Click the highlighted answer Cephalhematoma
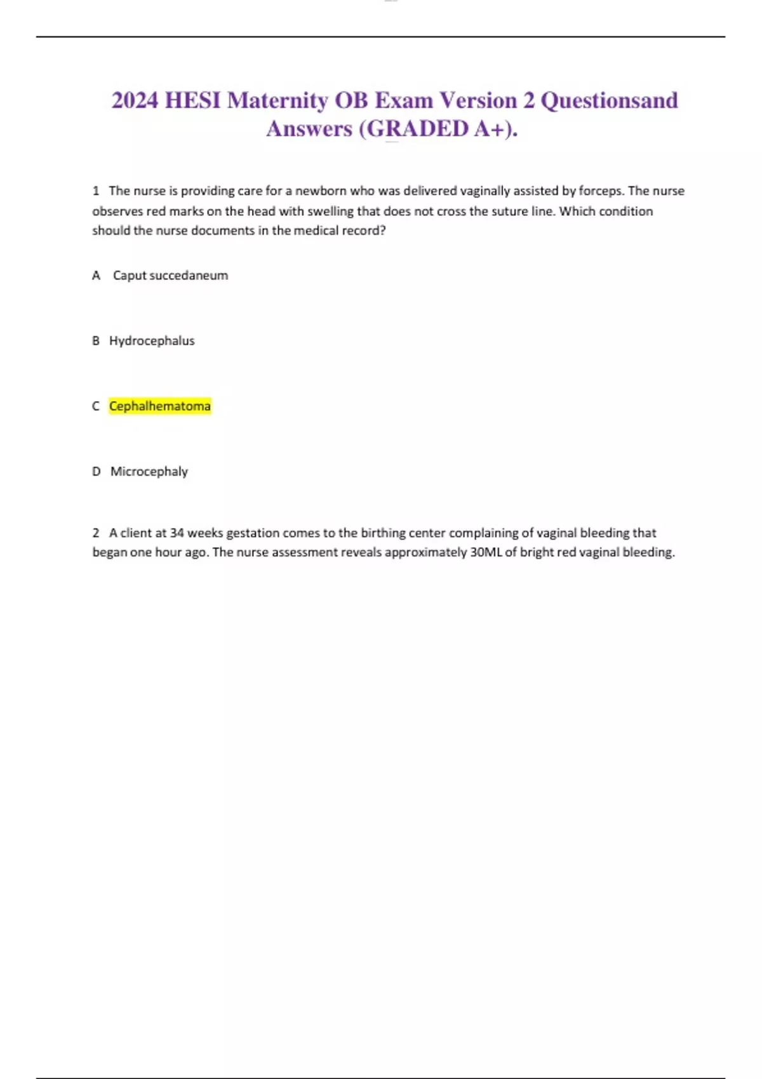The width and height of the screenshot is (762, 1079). click(159, 406)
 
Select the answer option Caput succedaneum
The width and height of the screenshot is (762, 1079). click(170, 275)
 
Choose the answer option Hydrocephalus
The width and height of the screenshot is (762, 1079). click(152, 341)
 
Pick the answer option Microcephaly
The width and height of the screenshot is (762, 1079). click(149, 472)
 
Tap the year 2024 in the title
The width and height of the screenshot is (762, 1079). click(135, 100)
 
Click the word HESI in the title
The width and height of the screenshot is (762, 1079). click(192, 100)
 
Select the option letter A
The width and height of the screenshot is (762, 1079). click(96, 275)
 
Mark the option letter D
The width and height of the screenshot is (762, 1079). click(96, 472)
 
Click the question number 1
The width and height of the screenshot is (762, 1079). click(96, 191)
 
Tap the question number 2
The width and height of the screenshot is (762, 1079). click(96, 533)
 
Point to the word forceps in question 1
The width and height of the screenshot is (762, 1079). click(601, 191)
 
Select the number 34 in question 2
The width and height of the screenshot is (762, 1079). click(177, 533)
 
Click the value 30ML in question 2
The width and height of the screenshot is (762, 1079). click(486, 553)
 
